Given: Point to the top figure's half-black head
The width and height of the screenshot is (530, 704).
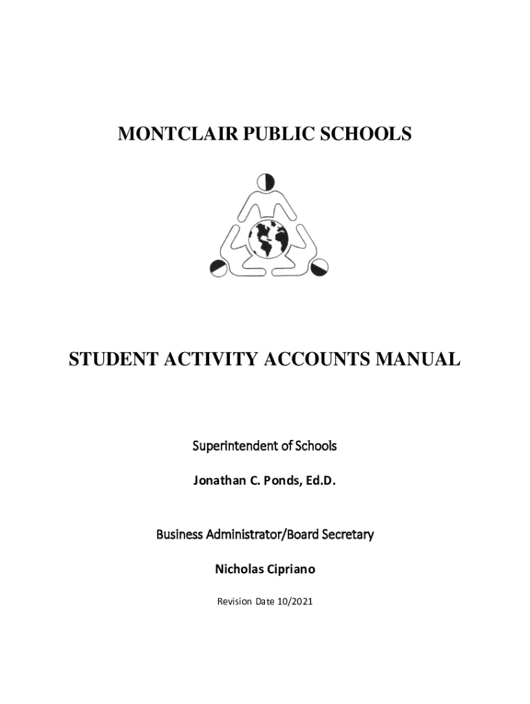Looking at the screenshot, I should coord(266,182).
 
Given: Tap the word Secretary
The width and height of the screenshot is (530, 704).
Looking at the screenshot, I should coord(347,534).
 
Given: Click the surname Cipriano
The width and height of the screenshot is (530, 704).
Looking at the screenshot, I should coord(292,569).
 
